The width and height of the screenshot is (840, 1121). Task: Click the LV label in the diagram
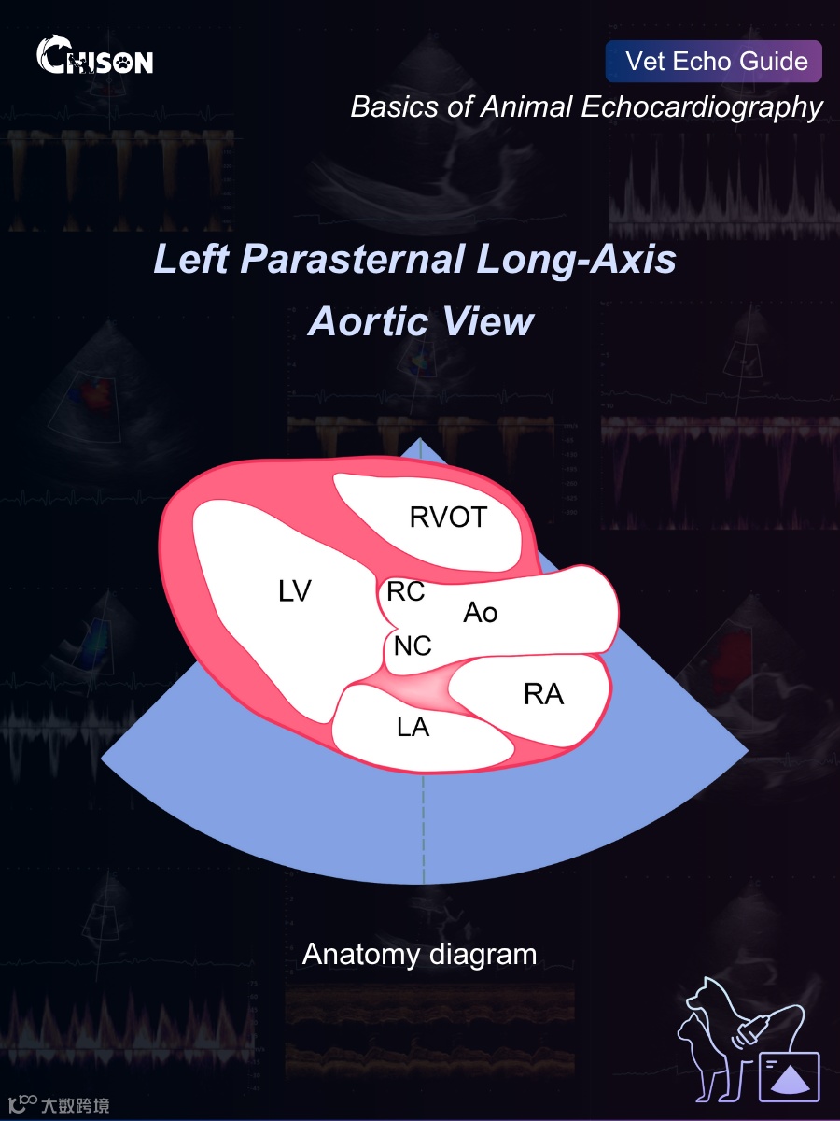(x=294, y=590)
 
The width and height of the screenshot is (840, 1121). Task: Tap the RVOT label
(x=448, y=517)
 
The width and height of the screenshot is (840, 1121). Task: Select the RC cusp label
(x=406, y=591)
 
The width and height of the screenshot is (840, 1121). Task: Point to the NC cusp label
(x=413, y=645)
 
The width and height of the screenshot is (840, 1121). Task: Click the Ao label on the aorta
(x=481, y=613)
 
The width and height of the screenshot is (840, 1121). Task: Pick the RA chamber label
(x=543, y=694)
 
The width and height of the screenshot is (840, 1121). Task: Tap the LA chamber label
(x=413, y=727)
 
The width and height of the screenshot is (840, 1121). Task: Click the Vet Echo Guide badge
(x=714, y=62)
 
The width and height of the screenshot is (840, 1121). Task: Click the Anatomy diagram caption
(x=419, y=954)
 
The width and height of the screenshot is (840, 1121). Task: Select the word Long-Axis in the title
(x=576, y=259)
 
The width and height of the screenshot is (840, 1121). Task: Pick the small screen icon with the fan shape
(x=789, y=1075)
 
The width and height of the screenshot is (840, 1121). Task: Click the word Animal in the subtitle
(x=524, y=106)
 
